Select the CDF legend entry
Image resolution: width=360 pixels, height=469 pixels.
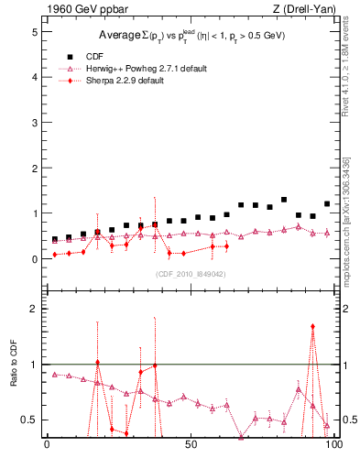pyautogui.click(x=93, y=54)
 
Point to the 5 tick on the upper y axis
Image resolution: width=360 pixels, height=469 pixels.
pyautogui.click(x=36, y=31)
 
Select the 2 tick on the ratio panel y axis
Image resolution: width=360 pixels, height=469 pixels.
pyautogui.click(x=36, y=309)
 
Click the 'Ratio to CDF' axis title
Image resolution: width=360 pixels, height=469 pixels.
pyautogui.click(x=14, y=377)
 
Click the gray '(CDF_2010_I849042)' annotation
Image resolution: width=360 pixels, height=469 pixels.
pyautogui.click(x=191, y=274)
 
